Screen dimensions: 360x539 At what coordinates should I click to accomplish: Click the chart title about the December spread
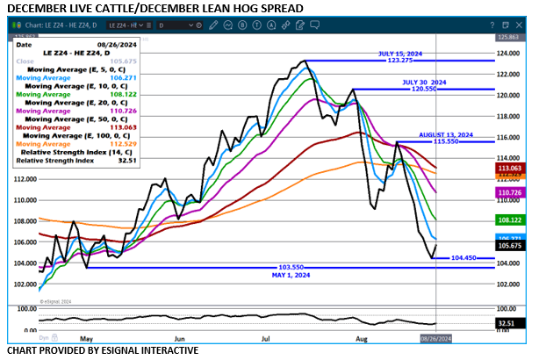[155, 8]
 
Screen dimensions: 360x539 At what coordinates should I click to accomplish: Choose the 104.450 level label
[463, 258]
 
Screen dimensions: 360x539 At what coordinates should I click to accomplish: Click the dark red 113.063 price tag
[510, 167]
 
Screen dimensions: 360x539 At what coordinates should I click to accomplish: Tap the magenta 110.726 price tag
[510, 191]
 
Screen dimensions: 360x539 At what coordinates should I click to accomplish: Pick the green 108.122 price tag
[510, 220]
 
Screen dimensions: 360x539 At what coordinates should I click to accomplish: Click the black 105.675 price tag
[510, 246]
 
